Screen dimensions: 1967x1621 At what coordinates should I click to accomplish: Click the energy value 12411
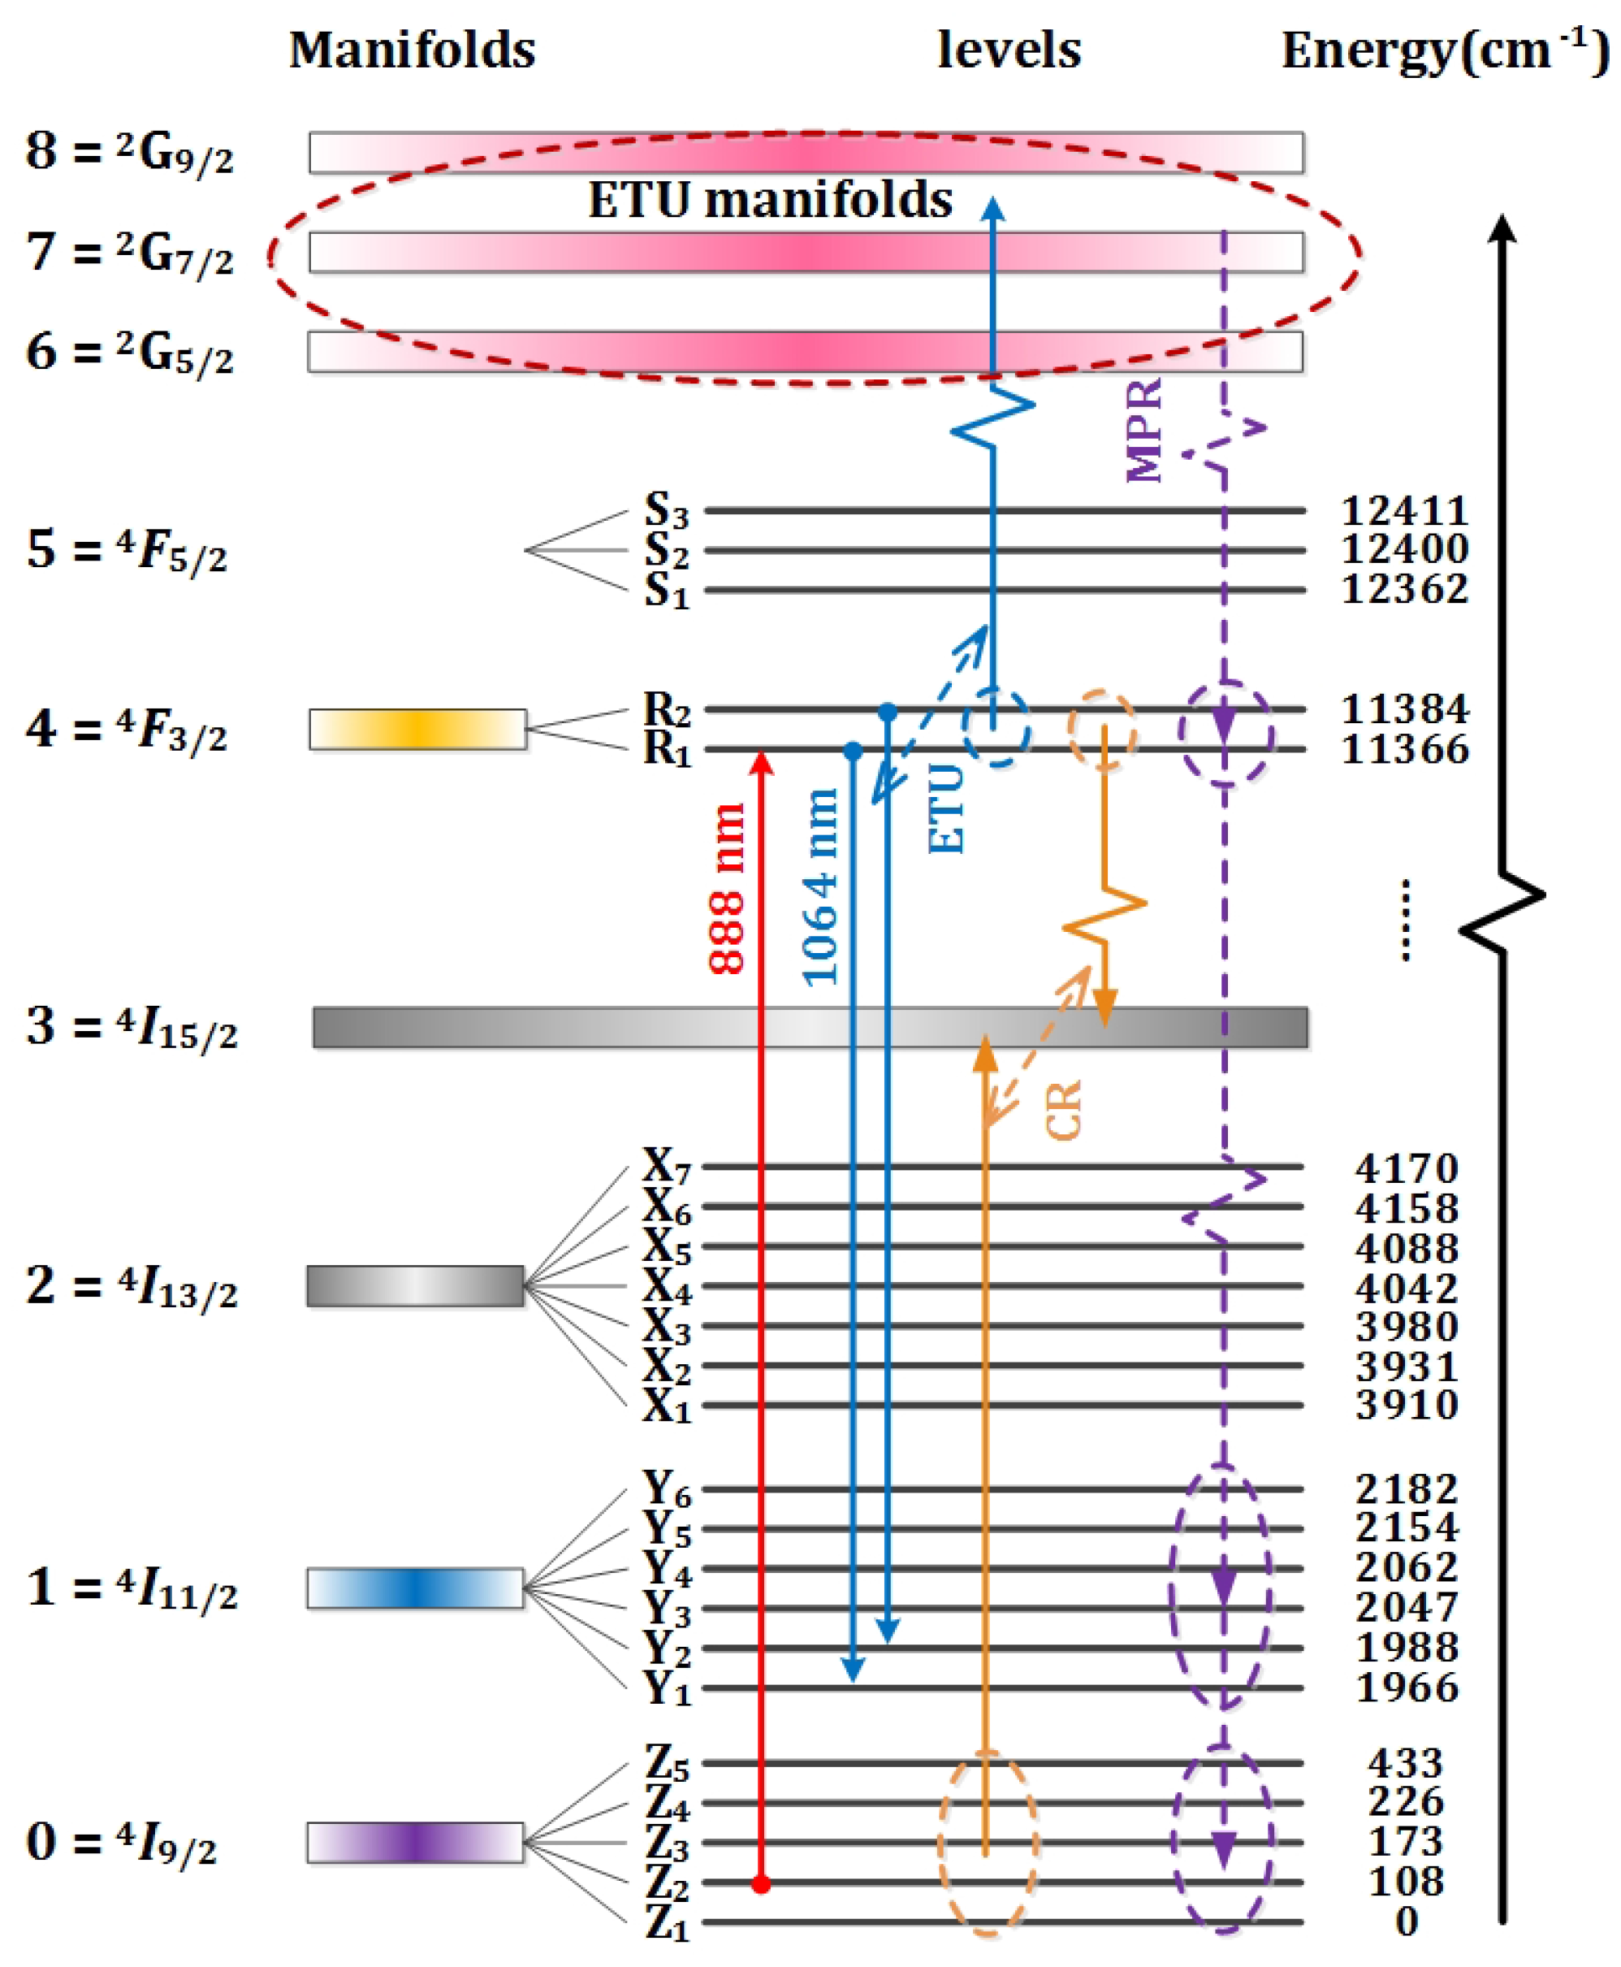coord(1403,511)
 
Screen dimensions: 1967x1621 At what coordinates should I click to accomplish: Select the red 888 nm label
coord(727,889)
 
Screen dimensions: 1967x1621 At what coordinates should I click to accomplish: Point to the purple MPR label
coord(1143,431)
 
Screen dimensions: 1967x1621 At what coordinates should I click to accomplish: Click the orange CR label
coord(1062,1110)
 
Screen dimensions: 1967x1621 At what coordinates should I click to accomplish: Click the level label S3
coord(666,511)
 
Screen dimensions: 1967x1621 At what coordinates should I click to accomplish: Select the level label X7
coord(666,1167)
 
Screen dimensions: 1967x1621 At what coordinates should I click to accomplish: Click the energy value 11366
coord(1404,749)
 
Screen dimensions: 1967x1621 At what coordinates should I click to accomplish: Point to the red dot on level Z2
coord(761,1884)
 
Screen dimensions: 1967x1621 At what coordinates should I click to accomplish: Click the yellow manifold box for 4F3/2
coord(417,730)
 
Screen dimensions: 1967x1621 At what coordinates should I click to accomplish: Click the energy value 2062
coord(1407,1567)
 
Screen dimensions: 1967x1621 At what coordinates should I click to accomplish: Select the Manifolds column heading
coord(412,50)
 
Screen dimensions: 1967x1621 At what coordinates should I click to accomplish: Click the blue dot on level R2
coord(887,713)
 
